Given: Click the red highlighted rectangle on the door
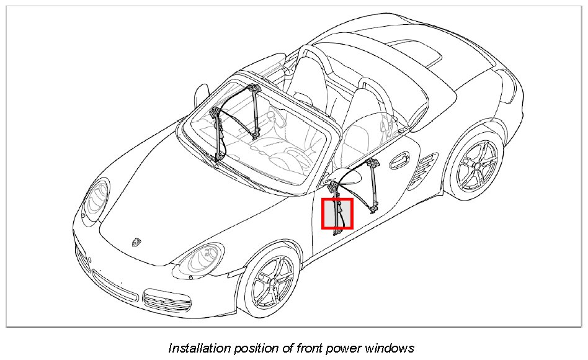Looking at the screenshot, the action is coord(337,214).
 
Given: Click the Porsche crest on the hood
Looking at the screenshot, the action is coord(136,241).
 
